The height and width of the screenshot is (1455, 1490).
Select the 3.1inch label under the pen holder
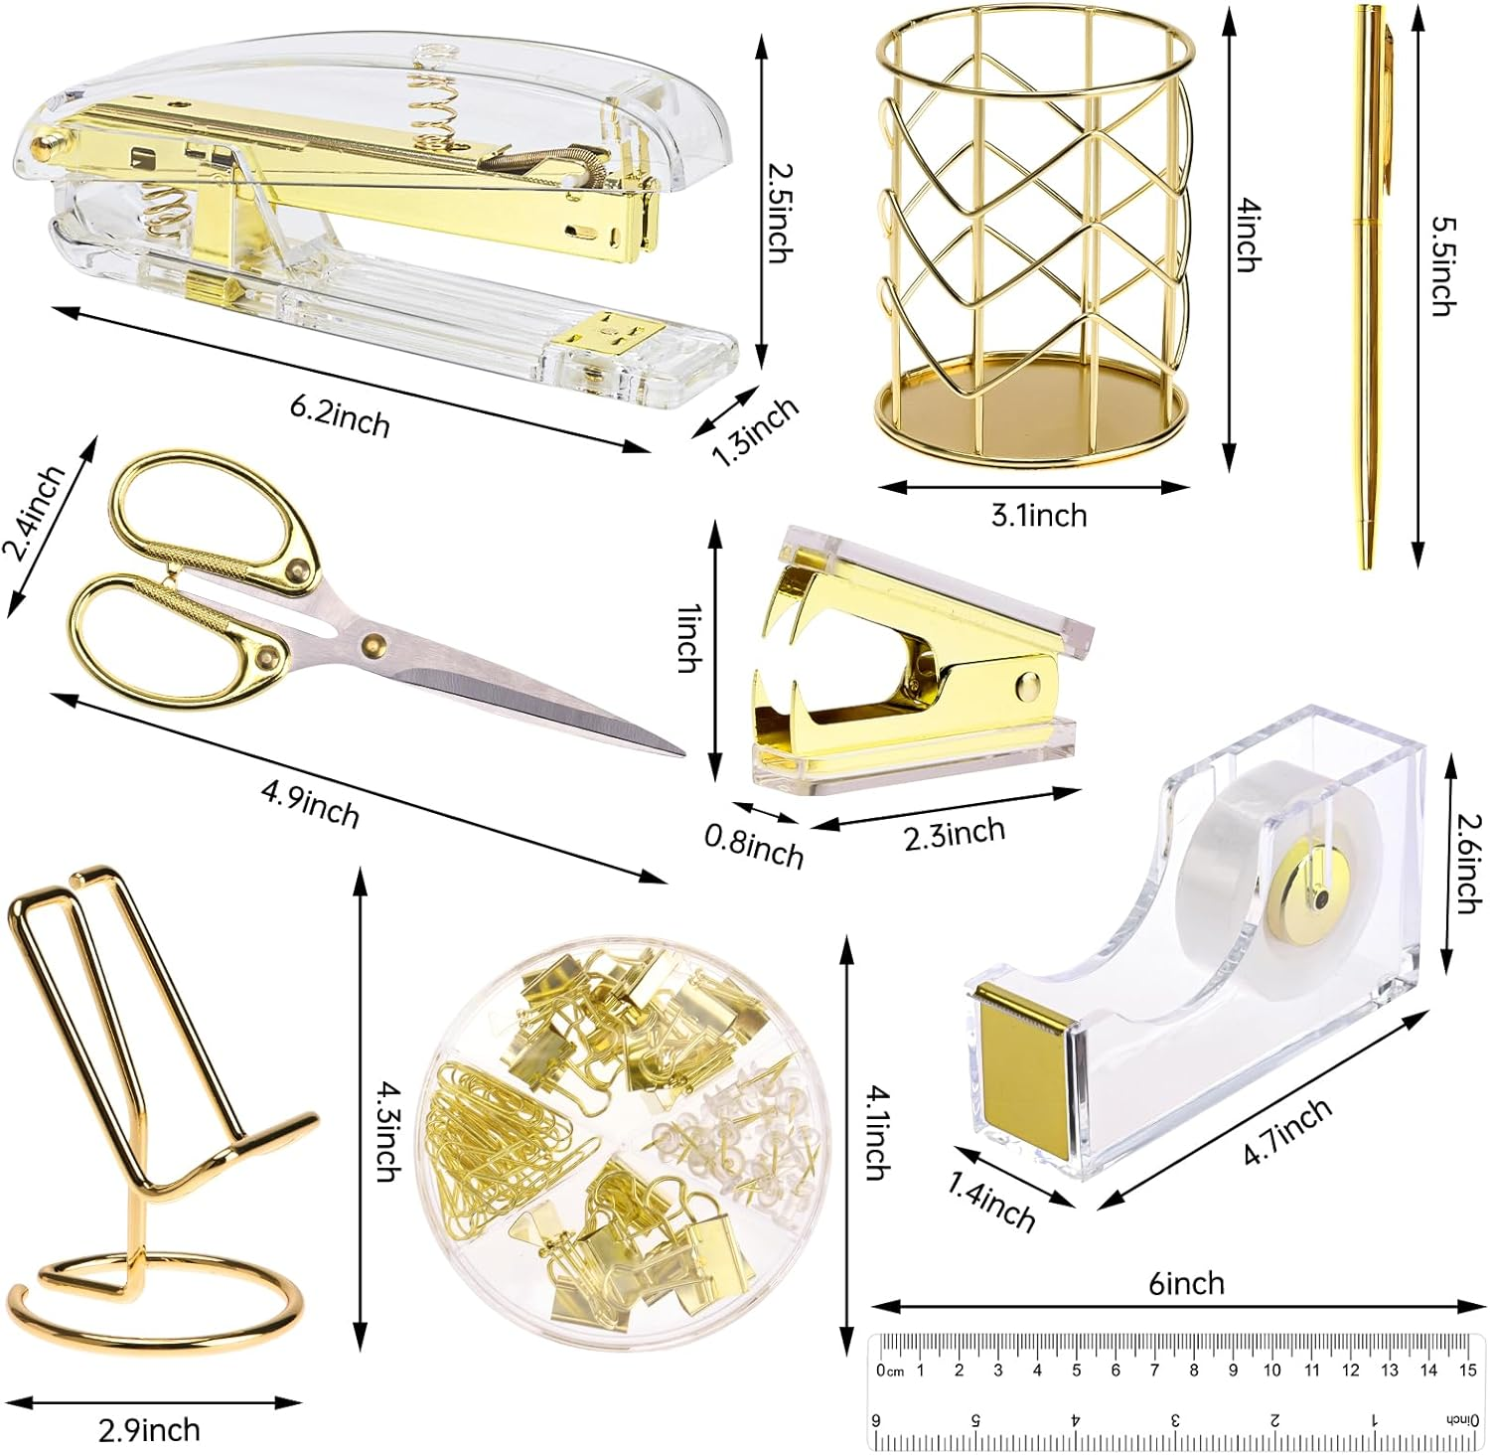[x=1039, y=515]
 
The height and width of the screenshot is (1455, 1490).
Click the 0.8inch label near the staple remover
[x=754, y=848]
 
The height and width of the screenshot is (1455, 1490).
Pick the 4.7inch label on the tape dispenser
[x=1287, y=1133]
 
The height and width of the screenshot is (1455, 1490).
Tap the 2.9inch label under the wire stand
[x=149, y=1429]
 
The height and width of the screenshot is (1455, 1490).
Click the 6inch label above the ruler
[x=1187, y=1283]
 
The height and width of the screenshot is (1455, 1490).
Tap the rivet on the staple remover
[x=1028, y=684]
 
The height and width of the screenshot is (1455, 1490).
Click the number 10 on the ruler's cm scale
[x=1272, y=1371]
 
